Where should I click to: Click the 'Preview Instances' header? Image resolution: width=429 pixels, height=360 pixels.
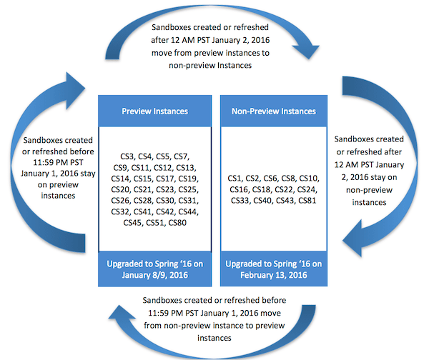tap(155, 111)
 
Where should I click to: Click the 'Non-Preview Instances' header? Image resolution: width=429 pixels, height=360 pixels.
tap(274, 111)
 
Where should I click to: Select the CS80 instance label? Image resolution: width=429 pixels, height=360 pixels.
tap(177, 223)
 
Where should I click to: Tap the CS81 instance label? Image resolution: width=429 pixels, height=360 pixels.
tap(307, 201)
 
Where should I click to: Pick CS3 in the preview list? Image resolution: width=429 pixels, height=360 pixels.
tap(127, 156)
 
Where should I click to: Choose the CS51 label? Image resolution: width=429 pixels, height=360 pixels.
tap(155, 223)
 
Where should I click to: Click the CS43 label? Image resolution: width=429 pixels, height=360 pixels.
tap(285, 201)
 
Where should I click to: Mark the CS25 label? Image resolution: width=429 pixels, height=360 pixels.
tap(188, 189)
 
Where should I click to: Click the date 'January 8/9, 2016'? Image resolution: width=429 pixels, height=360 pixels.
tap(155, 275)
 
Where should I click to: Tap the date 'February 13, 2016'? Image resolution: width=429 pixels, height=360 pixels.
tap(274, 275)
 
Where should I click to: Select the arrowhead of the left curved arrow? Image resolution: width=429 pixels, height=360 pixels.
tap(75, 90)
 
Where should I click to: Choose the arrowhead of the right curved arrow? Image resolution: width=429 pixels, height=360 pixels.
tap(353, 239)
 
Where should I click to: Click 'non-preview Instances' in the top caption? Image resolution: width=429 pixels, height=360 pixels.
tap(210, 66)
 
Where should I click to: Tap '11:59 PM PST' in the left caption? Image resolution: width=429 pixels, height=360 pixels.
tap(58, 163)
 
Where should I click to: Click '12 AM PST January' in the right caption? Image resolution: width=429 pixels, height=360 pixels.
tap(369, 164)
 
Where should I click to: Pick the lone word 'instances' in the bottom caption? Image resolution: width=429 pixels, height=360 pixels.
tap(214, 338)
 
